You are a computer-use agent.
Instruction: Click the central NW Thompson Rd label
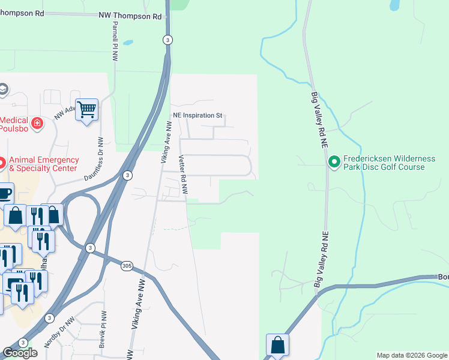(x=131, y=17)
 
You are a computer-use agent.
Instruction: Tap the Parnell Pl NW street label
(x=113, y=44)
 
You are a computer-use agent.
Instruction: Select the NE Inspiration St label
(x=197, y=115)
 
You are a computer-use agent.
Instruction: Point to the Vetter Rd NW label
(x=184, y=174)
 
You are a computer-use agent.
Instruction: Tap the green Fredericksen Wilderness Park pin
(x=334, y=161)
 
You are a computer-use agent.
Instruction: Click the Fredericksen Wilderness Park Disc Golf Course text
(x=388, y=163)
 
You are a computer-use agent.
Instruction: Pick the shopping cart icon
(x=87, y=110)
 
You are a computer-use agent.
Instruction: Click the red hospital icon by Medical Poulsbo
(x=37, y=123)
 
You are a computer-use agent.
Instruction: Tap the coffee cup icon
(x=4, y=193)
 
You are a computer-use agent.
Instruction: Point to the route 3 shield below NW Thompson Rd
(x=167, y=40)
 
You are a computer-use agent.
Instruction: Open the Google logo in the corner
(x=20, y=353)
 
